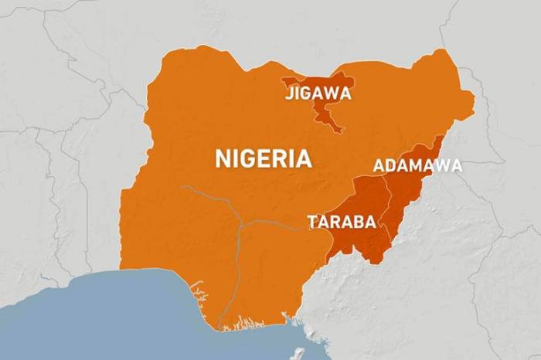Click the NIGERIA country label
[x=264, y=159]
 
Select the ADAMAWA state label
[x=417, y=165]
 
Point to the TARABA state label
[x=342, y=222]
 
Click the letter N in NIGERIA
[x=223, y=159]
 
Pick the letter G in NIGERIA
[x=250, y=159]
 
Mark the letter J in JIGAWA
[x=288, y=93]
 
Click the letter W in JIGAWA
[x=332, y=93]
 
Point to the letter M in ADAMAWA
[x=421, y=165]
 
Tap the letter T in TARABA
[x=312, y=222]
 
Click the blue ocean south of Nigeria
[x=116, y=317]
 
